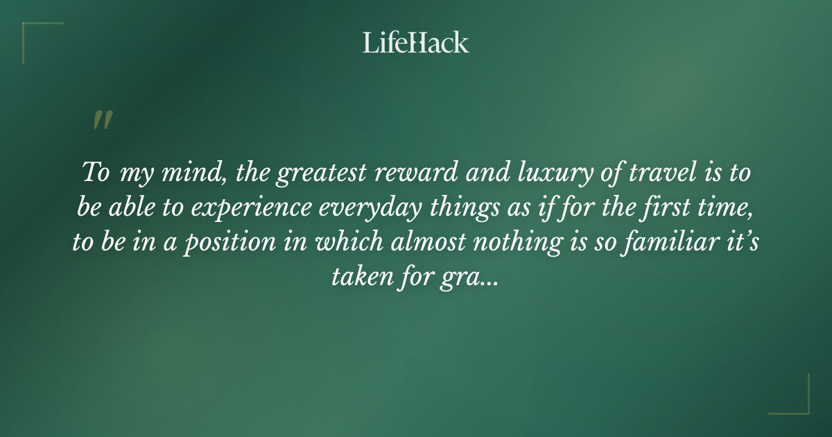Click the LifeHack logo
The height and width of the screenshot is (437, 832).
point(415,42)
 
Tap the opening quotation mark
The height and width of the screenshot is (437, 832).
point(102,120)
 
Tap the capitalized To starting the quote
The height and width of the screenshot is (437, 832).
point(96,173)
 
